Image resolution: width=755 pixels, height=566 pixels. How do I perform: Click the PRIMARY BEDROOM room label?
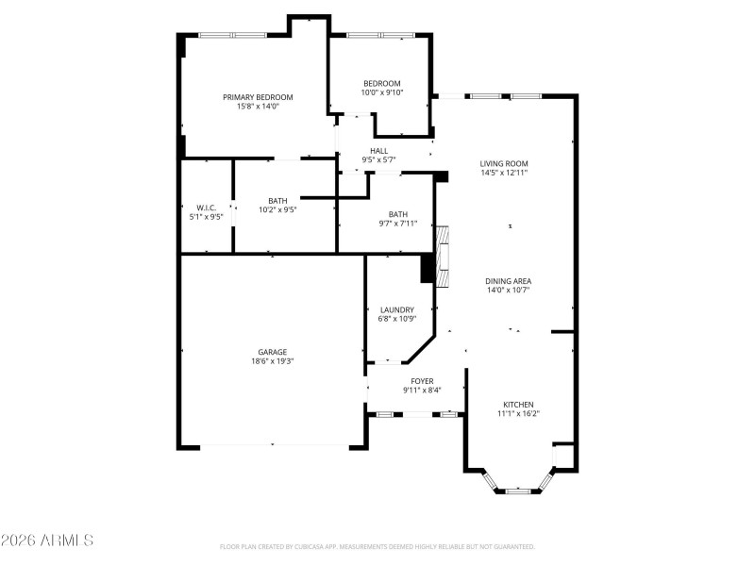click(258, 97)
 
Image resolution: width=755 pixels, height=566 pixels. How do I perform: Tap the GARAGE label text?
click(273, 352)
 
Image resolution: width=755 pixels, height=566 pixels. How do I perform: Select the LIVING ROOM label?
click(504, 163)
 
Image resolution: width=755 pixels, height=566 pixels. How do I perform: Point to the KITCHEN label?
click(518, 403)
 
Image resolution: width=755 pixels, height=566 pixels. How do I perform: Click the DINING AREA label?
click(508, 281)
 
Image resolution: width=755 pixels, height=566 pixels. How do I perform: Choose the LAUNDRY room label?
click(397, 309)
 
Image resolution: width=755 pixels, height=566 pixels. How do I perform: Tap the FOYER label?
click(422, 380)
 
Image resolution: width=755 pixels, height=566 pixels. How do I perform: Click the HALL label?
click(378, 151)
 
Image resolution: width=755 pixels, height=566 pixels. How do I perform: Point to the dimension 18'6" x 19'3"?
click(273, 361)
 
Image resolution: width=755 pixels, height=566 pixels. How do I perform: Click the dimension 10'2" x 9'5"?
click(277, 209)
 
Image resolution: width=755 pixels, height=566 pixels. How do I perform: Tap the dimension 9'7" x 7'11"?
click(398, 224)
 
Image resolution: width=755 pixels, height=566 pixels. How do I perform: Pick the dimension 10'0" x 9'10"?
click(381, 92)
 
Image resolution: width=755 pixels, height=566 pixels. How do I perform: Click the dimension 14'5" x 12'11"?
click(504, 173)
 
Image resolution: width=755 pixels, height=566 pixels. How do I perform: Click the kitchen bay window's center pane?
click(518, 491)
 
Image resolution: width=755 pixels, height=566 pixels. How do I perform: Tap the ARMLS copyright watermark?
click(47, 541)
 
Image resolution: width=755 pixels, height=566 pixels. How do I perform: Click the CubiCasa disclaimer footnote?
click(377, 546)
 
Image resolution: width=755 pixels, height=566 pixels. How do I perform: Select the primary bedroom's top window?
click(231, 35)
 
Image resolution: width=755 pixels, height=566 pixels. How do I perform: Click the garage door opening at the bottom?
click(273, 445)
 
